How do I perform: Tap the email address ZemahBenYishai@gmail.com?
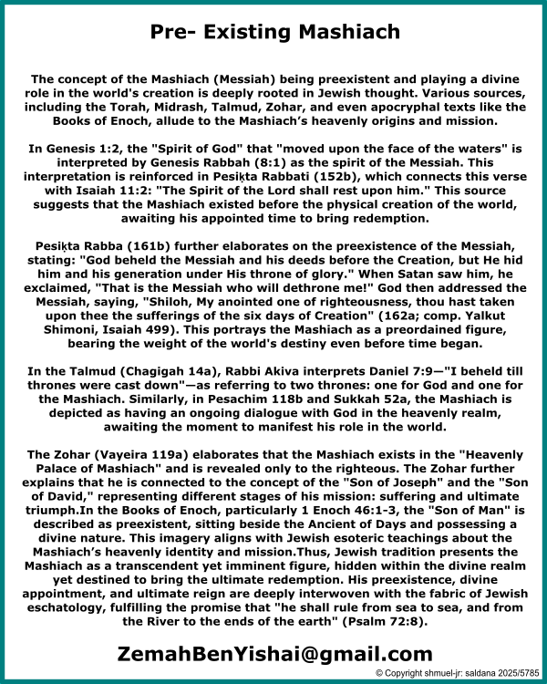coord(273,653)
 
